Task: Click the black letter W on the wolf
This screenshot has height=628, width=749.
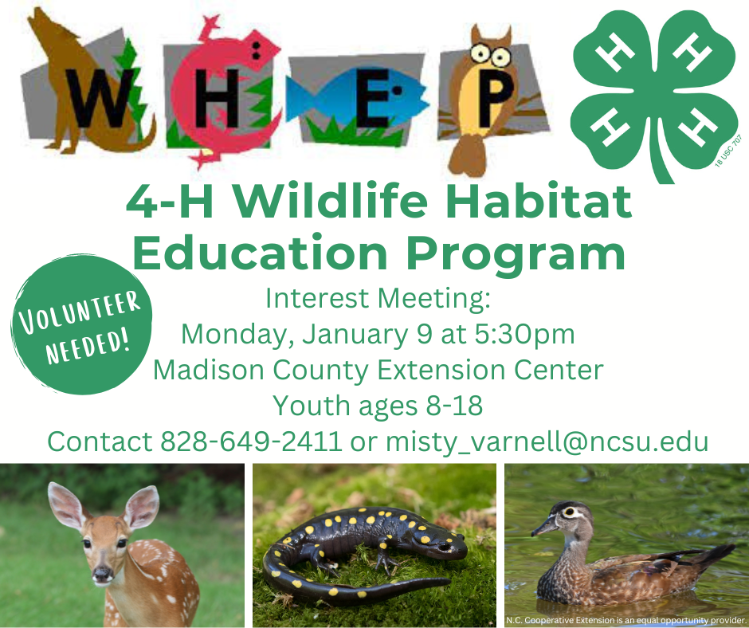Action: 100,98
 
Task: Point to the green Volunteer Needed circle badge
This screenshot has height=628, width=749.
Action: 80,324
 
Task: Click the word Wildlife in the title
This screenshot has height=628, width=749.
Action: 331,201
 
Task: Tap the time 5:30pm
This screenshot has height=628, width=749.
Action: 524,334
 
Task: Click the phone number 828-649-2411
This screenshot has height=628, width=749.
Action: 251,442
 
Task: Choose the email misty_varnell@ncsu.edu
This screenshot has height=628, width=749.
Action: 547,442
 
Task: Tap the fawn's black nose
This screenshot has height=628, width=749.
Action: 102,573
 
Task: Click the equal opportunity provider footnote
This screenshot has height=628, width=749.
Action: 625,620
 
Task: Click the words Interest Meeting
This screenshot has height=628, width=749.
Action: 378,299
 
